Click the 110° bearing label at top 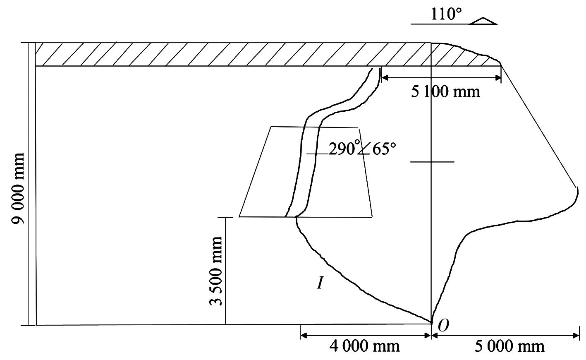click(446, 14)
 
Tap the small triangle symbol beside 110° click(483, 21)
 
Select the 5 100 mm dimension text click(445, 92)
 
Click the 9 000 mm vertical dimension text click(18, 189)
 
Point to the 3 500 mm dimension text click(216, 271)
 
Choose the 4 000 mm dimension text click(364, 346)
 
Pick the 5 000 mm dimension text click(509, 346)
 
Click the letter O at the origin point click(443, 325)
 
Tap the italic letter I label click(320, 283)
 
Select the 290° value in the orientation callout click(342, 149)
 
